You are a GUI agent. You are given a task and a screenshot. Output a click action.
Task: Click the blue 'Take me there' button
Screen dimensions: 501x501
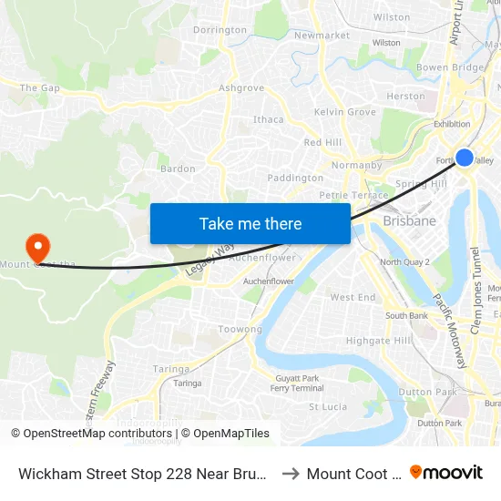250,223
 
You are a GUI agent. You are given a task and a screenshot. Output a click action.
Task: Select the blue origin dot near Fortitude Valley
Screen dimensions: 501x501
464,157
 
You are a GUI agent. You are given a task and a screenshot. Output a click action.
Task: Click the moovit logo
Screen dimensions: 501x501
446,473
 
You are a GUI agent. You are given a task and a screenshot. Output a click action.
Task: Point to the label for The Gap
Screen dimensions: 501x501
39,88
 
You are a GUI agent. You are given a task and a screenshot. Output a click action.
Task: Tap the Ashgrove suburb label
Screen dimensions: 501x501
241,88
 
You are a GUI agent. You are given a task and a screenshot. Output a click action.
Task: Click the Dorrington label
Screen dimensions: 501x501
220,30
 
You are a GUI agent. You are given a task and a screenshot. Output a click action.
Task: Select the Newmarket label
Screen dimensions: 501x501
322,36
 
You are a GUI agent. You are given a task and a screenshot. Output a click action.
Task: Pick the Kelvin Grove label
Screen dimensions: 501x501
344,112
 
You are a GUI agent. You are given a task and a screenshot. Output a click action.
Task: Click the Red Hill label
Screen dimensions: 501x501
322,143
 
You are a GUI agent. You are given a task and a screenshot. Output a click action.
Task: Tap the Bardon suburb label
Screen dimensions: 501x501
178,169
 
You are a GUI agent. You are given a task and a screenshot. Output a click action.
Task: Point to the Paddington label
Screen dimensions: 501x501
295,178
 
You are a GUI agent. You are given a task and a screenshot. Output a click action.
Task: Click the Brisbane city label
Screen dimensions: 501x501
410,220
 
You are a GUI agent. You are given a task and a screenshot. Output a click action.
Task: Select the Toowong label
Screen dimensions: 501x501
240,329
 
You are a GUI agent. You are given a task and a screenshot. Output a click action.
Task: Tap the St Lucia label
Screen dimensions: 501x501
328,406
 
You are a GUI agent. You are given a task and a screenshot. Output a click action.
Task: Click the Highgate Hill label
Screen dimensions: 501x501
379,341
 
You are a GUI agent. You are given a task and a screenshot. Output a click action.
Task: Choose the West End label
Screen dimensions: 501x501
353,298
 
